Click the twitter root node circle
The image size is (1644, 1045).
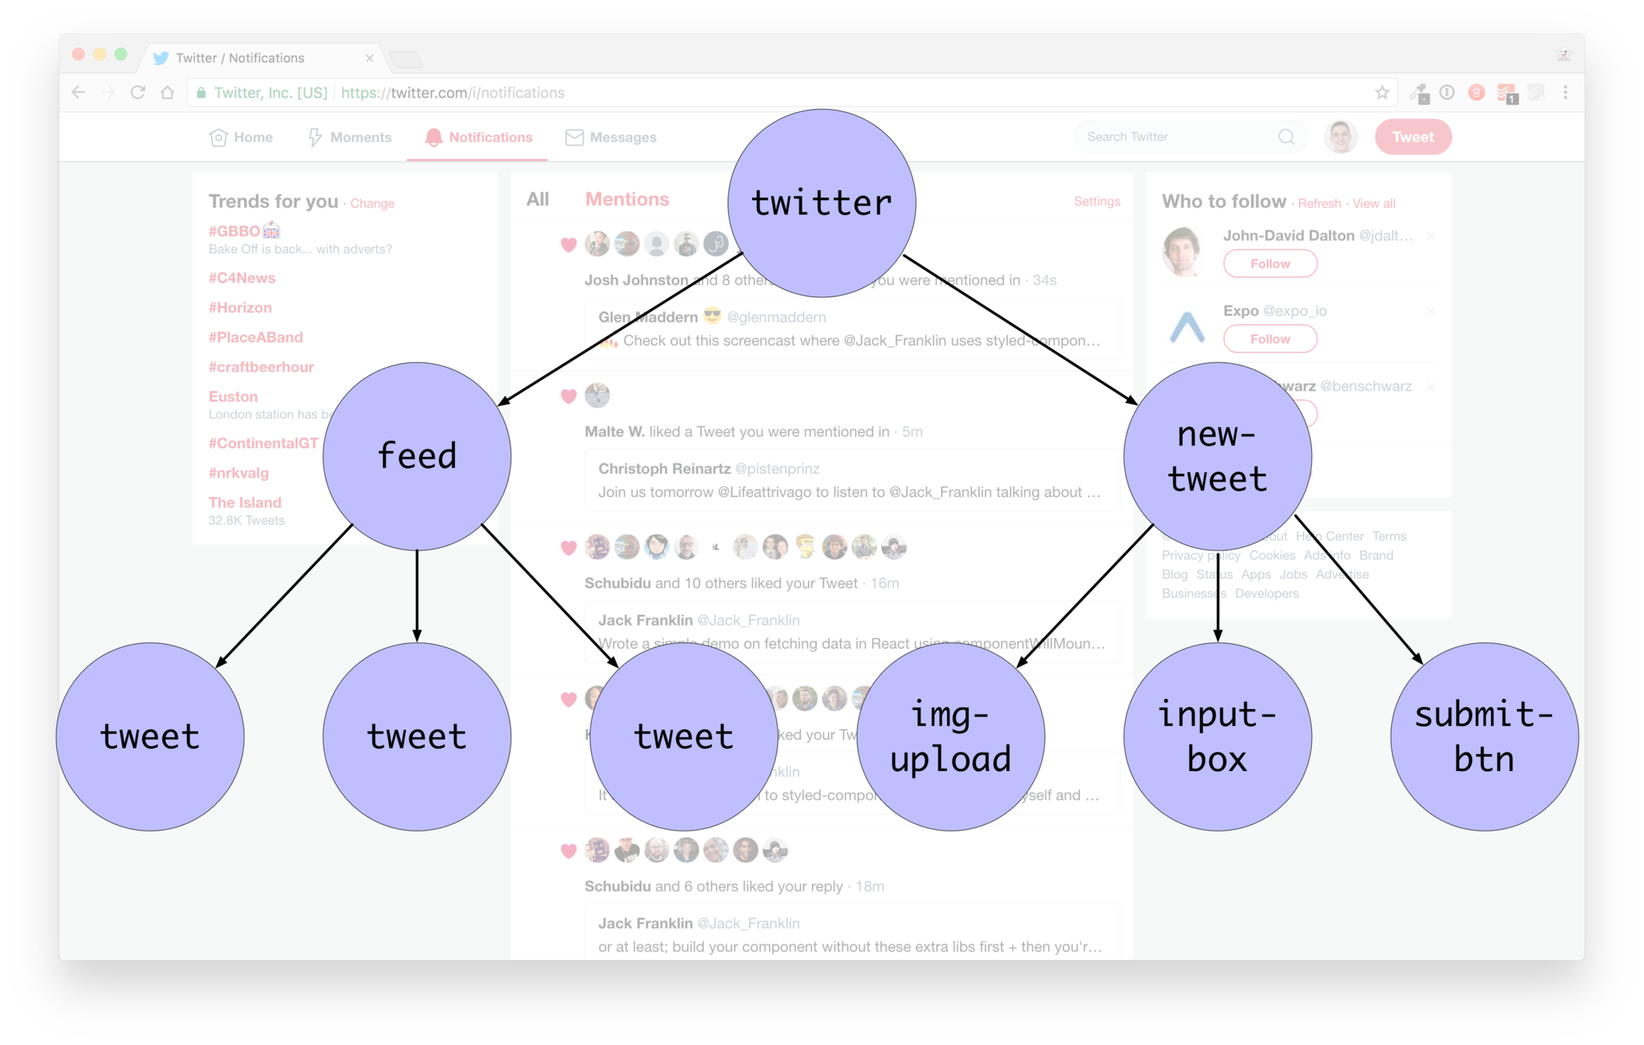(822, 203)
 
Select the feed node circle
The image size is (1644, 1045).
(417, 456)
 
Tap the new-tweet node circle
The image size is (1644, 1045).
(1217, 456)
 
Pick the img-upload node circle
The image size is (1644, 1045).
(951, 736)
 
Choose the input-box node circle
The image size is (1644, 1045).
(1217, 736)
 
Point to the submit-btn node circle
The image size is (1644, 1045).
(1484, 736)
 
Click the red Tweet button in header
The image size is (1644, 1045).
(1413, 137)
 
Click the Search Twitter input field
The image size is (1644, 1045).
(1176, 137)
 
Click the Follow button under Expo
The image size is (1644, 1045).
(1270, 339)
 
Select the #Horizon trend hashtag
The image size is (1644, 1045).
(240, 307)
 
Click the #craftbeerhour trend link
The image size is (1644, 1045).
(261, 367)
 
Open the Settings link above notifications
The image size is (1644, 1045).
(1096, 201)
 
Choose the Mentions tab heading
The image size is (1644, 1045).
(627, 199)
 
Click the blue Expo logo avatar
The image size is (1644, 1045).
(1187, 327)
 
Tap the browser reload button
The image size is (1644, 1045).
(138, 93)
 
